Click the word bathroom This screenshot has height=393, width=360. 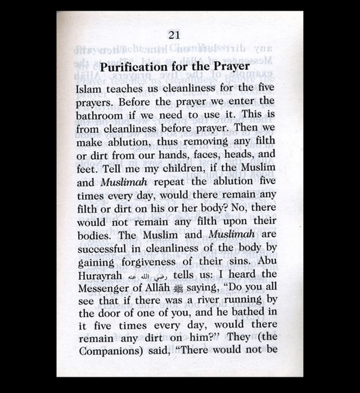click(x=100, y=115)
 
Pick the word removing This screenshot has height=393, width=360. click(x=183, y=141)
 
